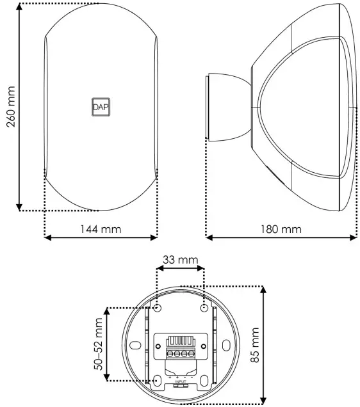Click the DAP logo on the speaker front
click(x=101, y=108)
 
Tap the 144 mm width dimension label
click(x=101, y=228)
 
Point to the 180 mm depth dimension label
click(x=281, y=228)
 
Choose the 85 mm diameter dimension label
click(x=256, y=346)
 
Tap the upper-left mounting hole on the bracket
click(x=156, y=308)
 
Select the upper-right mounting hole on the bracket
click(x=204, y=308)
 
